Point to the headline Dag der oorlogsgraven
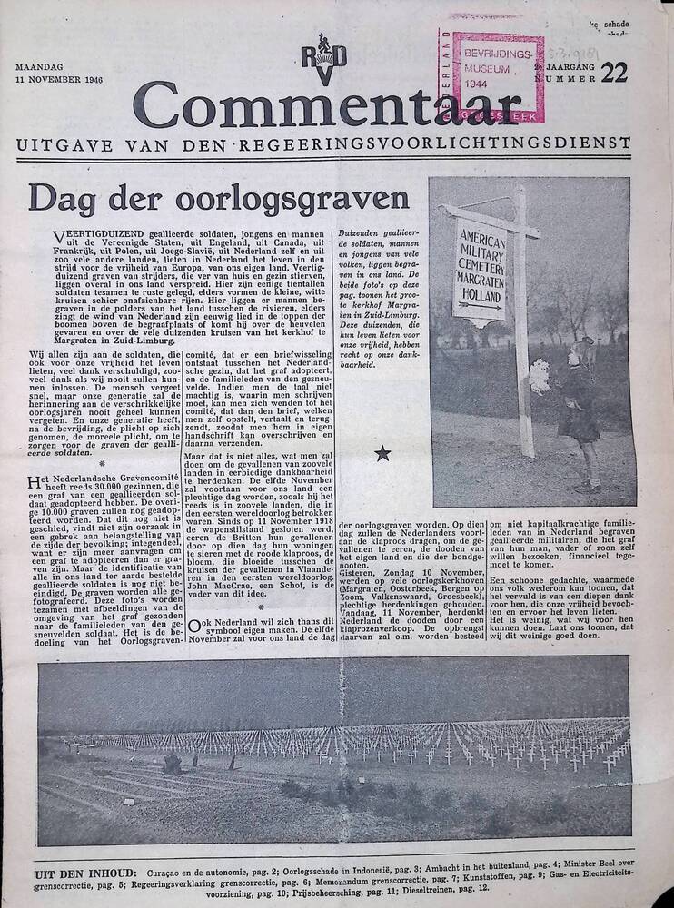point(219,197)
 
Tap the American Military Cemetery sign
point(479,271)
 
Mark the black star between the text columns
point(382,453)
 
